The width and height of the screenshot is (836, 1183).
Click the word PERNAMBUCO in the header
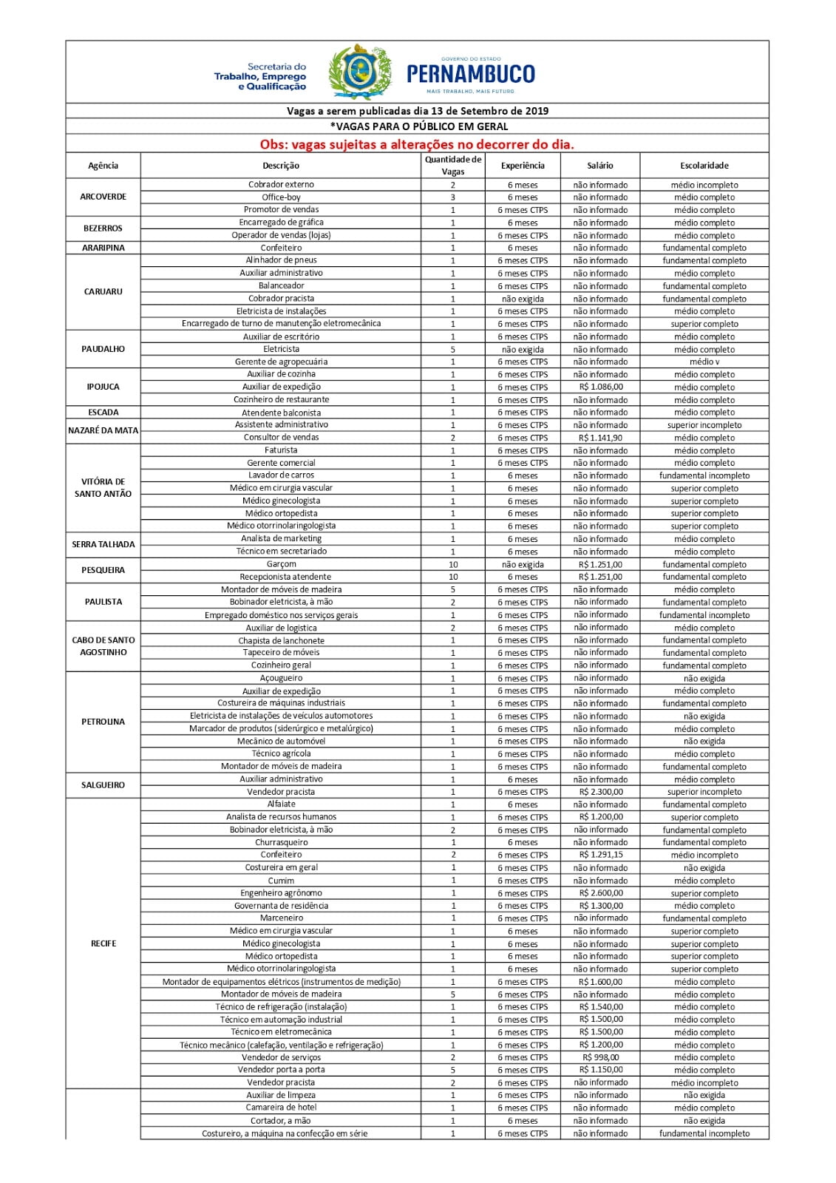[471, 74]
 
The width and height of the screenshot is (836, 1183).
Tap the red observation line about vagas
[417, 144]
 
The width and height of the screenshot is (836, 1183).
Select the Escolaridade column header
[704, 166]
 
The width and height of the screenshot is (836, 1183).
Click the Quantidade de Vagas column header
[452, 166]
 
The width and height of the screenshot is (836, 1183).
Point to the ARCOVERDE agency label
[103, 197]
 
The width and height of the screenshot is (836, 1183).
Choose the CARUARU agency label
[103, 291]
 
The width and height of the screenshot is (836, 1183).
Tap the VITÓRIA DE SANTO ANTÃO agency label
[103, 487]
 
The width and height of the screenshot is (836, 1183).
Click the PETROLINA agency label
[103, 722]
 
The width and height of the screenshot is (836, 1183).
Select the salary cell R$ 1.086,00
[600, 387]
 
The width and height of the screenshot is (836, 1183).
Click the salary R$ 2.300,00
[600, 792]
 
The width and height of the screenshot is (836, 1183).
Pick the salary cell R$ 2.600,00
[600, 893]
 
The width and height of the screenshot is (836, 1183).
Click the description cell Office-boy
[281, 197]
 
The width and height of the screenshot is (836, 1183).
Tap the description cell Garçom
[281, 564]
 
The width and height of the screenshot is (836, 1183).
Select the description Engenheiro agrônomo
[281, 893]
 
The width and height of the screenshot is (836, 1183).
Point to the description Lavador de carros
[281, 475]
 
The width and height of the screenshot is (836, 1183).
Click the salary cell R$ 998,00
[600, 1057]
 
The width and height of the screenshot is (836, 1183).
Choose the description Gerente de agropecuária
[281, 362]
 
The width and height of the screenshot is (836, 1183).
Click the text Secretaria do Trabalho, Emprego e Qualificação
[260, 76]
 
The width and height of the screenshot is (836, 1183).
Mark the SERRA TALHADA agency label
[103, 544]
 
